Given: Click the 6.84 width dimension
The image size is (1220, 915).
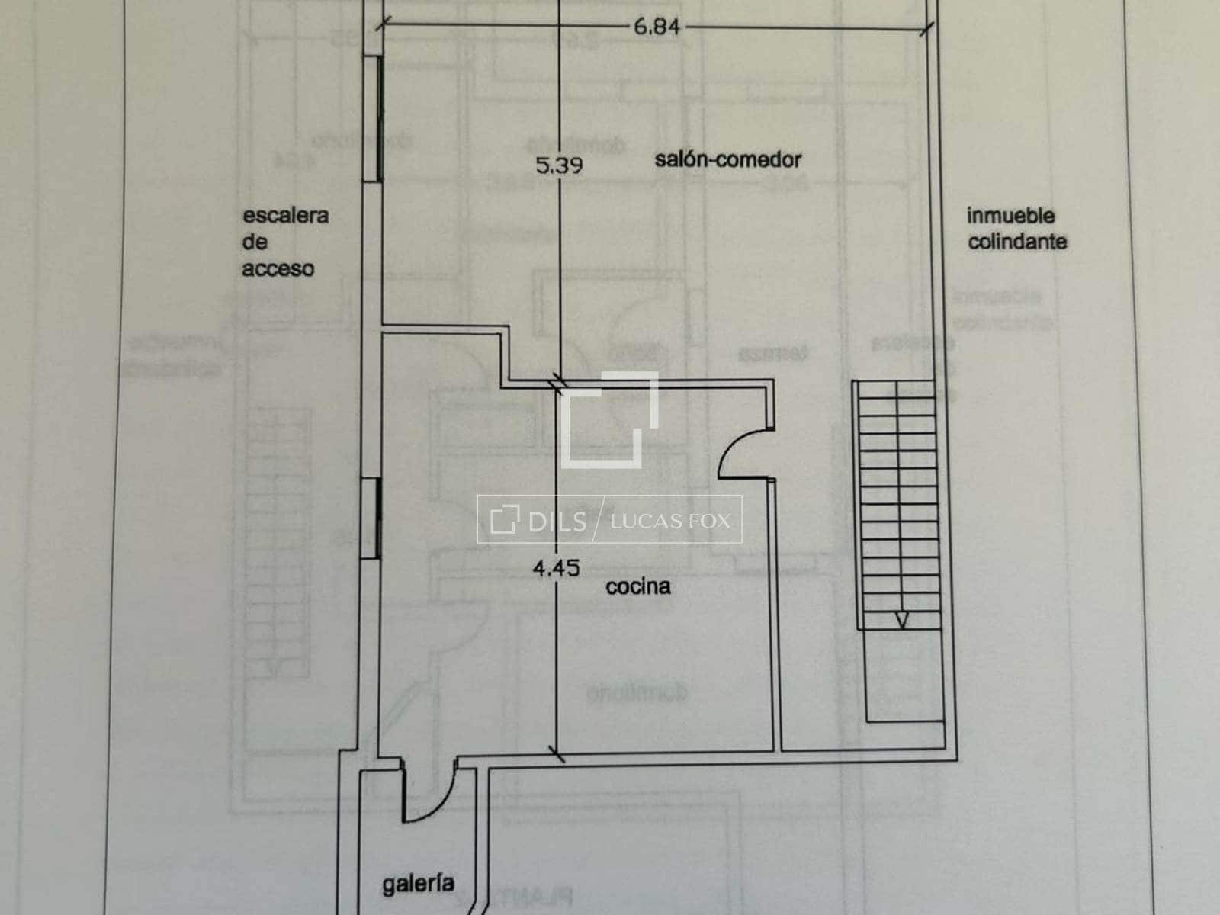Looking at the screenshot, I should click(x=656, y=28).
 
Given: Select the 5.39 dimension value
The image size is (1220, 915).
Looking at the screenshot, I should click(x=560, y=165).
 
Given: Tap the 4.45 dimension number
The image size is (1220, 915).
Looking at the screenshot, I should click(x=557, y=568).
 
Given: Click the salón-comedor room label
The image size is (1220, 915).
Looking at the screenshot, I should click(x=728, y=159).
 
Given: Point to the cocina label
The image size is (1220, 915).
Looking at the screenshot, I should click(x=638, y=586).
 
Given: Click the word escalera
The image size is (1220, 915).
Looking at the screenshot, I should click(x=286, y=215).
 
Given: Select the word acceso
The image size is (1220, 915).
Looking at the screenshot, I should click(x=278, y=269).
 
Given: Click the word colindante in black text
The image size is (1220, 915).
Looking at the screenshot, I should click(x=1016, y=242).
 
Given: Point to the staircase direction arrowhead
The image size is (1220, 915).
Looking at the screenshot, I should click(x=901, y=621).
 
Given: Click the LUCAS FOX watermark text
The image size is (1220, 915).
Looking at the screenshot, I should click(x=670, y=521).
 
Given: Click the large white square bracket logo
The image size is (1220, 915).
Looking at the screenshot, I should click(x=609, y=419).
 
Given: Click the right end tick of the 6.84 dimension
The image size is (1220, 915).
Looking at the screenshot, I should click(x=926, y=30).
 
